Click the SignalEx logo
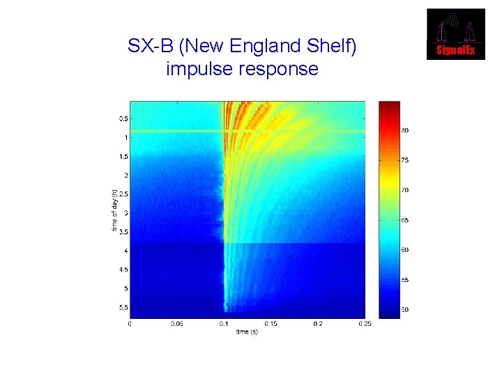pyautogui.click(x=456, y=33)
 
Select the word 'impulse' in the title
pyautogui.click(x=197, y=70)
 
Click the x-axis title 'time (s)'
pyautogui.click(x=247, y=332)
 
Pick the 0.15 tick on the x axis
pyautogui.click(x=271, y=324)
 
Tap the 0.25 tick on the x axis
pyautogui.click(x=364, y=324)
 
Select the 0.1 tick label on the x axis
pyautogui.click(x=224, y=324)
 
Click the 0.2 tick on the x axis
pyautogui.click(x=318, y=324)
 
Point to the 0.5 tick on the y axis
pyautogui.click(x=123, y=119)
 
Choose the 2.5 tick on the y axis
pyautogui.click(x=123, y=194)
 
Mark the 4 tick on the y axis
pyautogui.click(x=125, y=251)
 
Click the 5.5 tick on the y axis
pyautogui.click(x=123, y=307)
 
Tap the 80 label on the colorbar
pyautogui.click(x=405, y=130)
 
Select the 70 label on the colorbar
pyautogui.click(x=405, y=190)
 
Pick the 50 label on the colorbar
pyautogui.click(x=405, y=309)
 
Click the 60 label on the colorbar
pyautogui.click(x=405, y=249)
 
